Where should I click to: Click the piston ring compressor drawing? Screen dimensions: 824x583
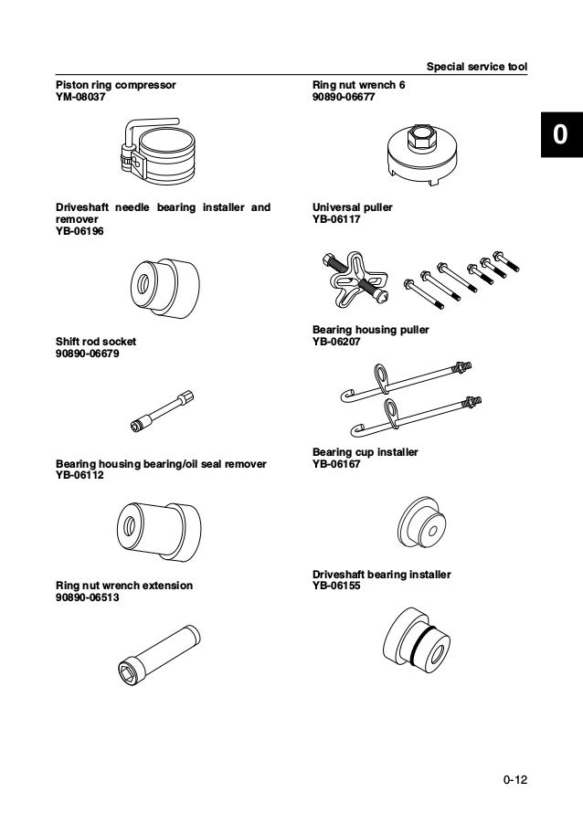(x=159, y=152)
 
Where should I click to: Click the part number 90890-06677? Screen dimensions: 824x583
(x=344, y=96)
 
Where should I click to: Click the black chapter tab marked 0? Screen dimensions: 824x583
(x=559, y=136)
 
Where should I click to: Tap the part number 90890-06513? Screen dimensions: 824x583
(x=87, y=597)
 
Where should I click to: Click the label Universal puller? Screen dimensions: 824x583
(x=353, y=208)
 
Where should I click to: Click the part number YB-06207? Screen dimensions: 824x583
(x=336, y=340)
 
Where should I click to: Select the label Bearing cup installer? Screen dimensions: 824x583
(x=365, y=452)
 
